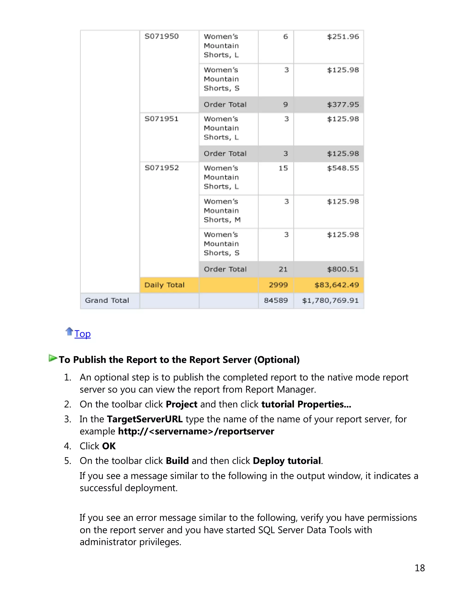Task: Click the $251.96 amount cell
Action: [x=343, y=36]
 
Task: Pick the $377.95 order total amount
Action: [x=343, y=104]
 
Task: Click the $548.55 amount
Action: [x=343, y=168]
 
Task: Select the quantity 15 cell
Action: [x=283, y=168]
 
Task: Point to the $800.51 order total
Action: [x=343, y=269]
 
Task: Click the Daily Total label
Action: [x=164, y=285]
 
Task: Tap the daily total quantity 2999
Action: [x=278, y=285]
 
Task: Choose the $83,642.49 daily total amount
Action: [x=336, y=285]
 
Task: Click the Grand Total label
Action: [x=107, y=300]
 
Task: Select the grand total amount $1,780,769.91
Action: [x=330, y=300]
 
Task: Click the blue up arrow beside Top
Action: [x=69, y=331]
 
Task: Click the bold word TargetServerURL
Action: [x=145, y=419]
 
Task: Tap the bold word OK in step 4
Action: [x=109, y=446]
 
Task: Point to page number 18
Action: [x=419, y=568]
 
